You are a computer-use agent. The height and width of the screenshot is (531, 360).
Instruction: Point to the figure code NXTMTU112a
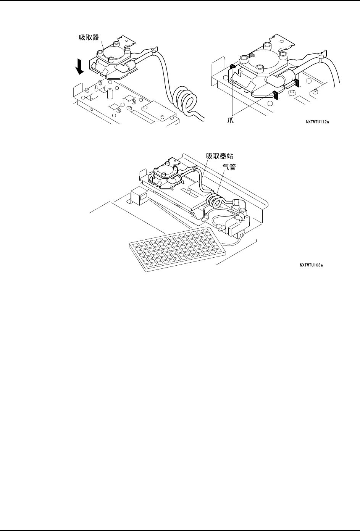click(x=322, y=122)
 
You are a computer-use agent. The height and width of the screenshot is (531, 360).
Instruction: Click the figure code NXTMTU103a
click(x=312, y=265)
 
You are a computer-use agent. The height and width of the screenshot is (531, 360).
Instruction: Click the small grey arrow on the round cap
click(x=252, y=55)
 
